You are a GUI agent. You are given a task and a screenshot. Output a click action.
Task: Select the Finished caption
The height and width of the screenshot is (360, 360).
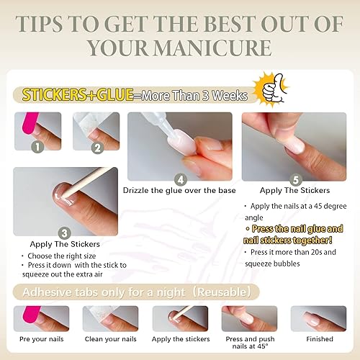[318, 339]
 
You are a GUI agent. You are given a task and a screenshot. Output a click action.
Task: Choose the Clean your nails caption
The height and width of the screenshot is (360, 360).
[109, 339]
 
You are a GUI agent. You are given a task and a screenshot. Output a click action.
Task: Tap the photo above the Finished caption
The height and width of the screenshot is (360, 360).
[318, 318]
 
